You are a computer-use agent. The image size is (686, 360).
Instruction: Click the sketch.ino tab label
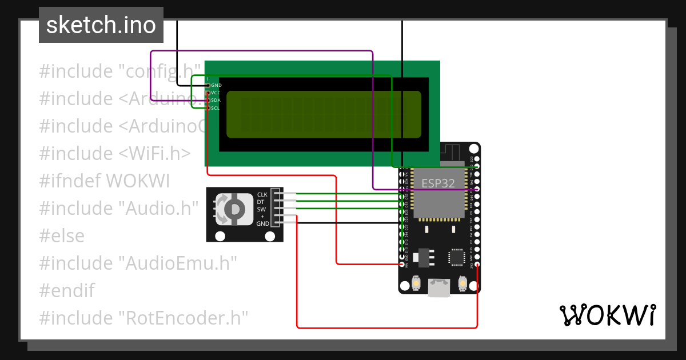click(x=101, y=25)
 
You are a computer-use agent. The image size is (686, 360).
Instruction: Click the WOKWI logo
click(x=607, y=315)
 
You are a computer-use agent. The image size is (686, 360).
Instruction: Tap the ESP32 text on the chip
click(x=438, y=183)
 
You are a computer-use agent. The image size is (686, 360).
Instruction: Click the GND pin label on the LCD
click(x=216, y=85)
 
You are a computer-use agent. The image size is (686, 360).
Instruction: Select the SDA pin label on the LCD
click(x=216, y=100)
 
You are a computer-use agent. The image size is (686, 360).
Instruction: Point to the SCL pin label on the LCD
click(x=216, y=107)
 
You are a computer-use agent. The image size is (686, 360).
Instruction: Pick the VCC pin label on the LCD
click(x=216, y=93)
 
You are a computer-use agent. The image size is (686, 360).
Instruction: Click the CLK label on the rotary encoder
click(x=262, y=195)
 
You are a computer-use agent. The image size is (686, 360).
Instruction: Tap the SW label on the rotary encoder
click(x=262, y=209)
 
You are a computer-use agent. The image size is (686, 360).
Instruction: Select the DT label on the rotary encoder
click(x=261, y=202)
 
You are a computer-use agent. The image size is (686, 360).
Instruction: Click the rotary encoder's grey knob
click(x=233, y=209)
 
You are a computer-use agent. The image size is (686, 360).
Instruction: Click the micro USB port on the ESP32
click(x=439, y=287)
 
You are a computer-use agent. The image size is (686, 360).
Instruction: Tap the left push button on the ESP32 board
click(x=416, y=283)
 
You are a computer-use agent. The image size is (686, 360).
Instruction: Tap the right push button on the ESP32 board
click(x=462, y=283)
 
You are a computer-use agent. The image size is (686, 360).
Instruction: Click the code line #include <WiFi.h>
click(x=115, y=154)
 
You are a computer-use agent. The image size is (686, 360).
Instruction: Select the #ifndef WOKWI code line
click(x=105, y=181)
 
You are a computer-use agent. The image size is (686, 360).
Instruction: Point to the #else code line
click(x=62, y=236)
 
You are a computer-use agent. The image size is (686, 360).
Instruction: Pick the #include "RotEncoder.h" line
click(x=143, y=318)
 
